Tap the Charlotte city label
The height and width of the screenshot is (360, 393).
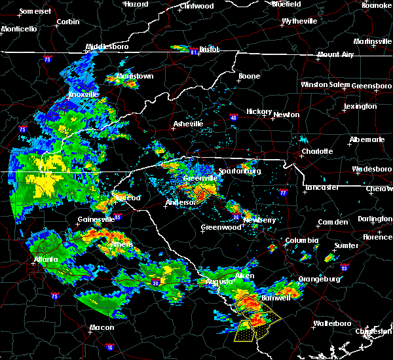tap(318, 152)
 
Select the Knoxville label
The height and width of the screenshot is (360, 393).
tap(83, 95)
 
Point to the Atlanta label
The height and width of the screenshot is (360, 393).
tap(45, 259)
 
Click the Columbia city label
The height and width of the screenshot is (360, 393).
tap(301, 241)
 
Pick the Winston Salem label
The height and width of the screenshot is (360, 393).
tap(326, 85)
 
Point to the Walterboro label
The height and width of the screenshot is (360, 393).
tap(333, 323)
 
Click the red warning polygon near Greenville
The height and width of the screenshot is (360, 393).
tap(202, 193)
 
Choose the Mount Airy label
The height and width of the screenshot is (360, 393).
tap(337, 55)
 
